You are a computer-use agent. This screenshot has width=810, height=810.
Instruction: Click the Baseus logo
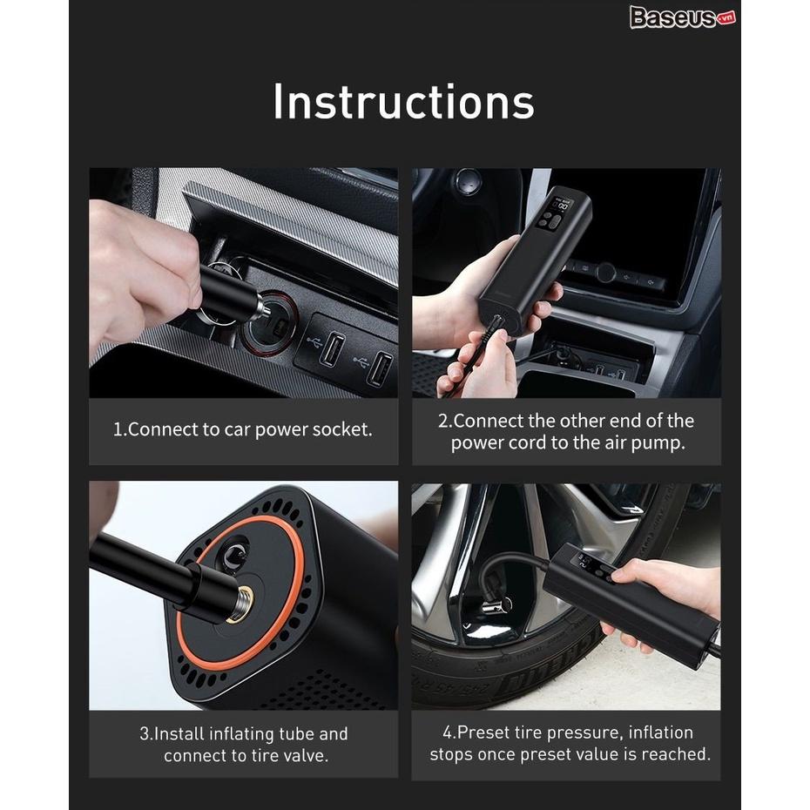pos(683,17)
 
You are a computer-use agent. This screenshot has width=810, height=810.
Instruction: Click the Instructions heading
pos(403,101)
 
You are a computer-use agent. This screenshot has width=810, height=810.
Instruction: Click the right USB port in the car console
pos(381,368)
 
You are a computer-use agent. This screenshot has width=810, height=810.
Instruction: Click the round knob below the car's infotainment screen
pos(605,272)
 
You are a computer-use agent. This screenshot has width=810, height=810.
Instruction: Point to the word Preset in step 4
pos(483,732)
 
